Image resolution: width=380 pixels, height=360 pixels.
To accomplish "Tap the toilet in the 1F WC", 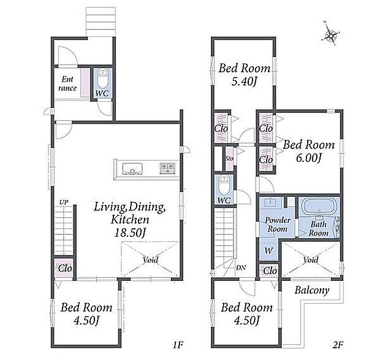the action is tap(103, 78).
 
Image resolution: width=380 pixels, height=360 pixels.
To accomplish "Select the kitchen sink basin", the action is tap(132, 169).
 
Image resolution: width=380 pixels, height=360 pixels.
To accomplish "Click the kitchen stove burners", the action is tap(167, 168).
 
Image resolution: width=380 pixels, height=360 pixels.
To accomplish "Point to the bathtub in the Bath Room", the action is tap(319, 206).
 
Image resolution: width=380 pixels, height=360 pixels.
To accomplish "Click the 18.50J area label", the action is tap(131, 233).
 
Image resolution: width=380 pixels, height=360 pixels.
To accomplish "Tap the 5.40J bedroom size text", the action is tap(244, 81).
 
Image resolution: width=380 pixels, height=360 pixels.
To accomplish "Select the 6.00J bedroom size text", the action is tap(309, 158).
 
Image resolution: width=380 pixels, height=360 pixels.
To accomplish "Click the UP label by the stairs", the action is tap(64, 202).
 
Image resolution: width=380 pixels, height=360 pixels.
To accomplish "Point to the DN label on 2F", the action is tap(241, 268).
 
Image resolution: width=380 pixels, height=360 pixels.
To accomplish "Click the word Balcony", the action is tap(312, 290).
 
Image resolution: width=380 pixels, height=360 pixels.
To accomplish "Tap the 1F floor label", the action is tap(178, 345).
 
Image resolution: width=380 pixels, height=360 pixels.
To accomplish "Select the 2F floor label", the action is tap(338, 345).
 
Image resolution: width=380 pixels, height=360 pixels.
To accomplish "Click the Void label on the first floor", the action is tap(151, 260).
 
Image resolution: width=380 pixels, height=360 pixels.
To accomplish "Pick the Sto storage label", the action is tap(229, 158).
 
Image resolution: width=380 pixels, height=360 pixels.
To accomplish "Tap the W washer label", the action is tap(268, 251).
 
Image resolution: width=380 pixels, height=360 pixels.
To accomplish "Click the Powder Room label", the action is tap(278, 224).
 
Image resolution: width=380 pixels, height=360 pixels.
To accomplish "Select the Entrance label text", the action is tap(67, 83).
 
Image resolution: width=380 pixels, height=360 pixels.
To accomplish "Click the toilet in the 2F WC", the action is tap(224, 185).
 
